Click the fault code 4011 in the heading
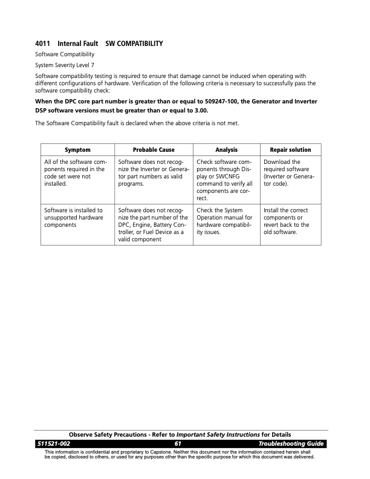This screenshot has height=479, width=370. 43,44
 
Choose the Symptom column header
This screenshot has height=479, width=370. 77,149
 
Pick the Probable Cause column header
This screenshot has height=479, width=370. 153,149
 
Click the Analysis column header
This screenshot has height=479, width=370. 226,149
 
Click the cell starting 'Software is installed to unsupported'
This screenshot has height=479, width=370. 74,217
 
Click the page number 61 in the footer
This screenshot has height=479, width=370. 178,444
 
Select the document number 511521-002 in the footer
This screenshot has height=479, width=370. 54,444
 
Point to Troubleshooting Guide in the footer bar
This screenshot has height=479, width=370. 291,444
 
